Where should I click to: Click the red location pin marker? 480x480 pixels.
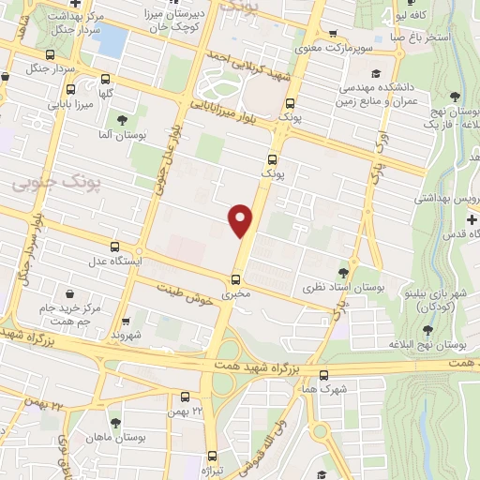pyautogui.click(x=240, y=218)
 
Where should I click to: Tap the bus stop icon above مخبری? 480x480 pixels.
pyautogui.click(x=235, y=278)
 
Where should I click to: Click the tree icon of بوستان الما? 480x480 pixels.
pyautogui.click(x=122, y=119)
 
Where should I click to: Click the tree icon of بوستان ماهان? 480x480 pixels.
pyautogui.click(x=115, y=424)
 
